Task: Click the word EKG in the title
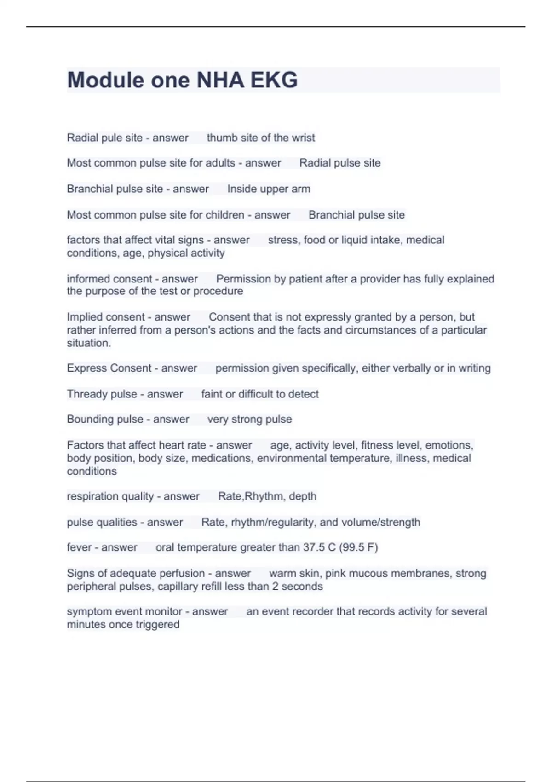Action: point(274,80)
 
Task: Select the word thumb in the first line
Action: point(221,138)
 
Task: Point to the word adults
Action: point(220,163)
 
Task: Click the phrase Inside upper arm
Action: point(269,189)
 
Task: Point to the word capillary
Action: point(180,586)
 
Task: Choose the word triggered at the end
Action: point(156,624)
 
